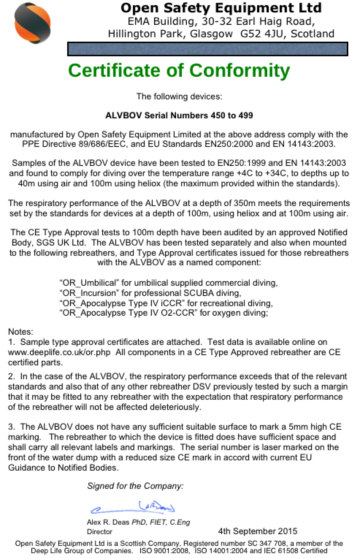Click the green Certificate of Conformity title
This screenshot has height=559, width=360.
pos(179,71)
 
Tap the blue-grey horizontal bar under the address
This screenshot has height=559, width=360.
pos(207,49)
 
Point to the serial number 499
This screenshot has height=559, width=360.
pos(246,115)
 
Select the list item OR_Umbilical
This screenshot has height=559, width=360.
pos(89,283)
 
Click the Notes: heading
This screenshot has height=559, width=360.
pos(20,332)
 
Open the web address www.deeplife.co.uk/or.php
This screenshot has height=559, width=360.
pos(59,353)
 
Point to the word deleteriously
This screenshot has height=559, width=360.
pos(177,407)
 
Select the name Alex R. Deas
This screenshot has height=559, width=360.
pos(108,522)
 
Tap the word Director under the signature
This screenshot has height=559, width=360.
pos(100,532)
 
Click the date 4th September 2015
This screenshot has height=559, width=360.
pos(258,531)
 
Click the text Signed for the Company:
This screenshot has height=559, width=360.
pos(135,486)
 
